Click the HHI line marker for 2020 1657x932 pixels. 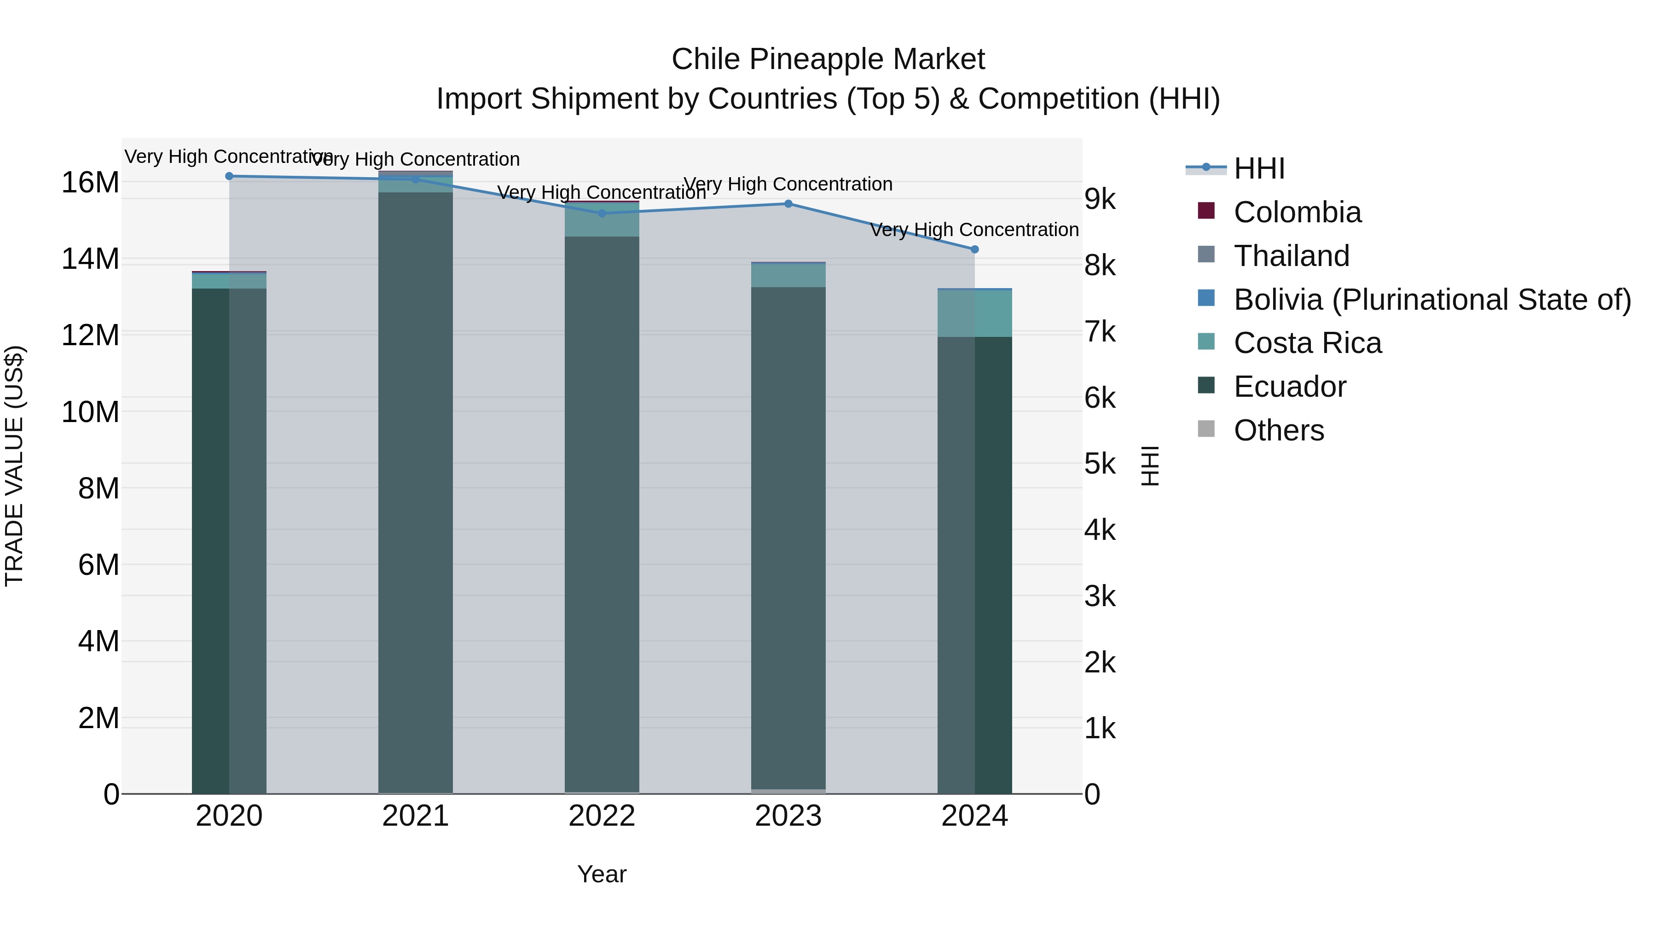(229, 176)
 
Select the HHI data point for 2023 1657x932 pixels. (788, 204)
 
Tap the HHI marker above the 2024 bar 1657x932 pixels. (974, 249)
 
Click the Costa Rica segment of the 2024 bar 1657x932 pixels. (974, 314)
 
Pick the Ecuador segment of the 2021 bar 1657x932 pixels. (416, 489)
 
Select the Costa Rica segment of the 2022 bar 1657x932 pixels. (602, 220)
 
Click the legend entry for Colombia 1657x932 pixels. (1297, 212)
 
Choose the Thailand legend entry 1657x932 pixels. (1291, 256)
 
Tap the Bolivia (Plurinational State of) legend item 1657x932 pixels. (1432, 300)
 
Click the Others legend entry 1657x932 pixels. (1278, 430)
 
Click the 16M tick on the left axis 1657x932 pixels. (90, 183)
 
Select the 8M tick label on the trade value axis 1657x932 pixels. (98, 489)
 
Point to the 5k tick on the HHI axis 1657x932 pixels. (1100, 464)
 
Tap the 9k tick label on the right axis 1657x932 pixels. (1100, 200)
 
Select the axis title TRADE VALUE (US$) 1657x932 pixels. (14, 466)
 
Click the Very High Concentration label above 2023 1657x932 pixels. (788, 185)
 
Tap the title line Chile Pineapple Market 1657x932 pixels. (828, 59)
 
